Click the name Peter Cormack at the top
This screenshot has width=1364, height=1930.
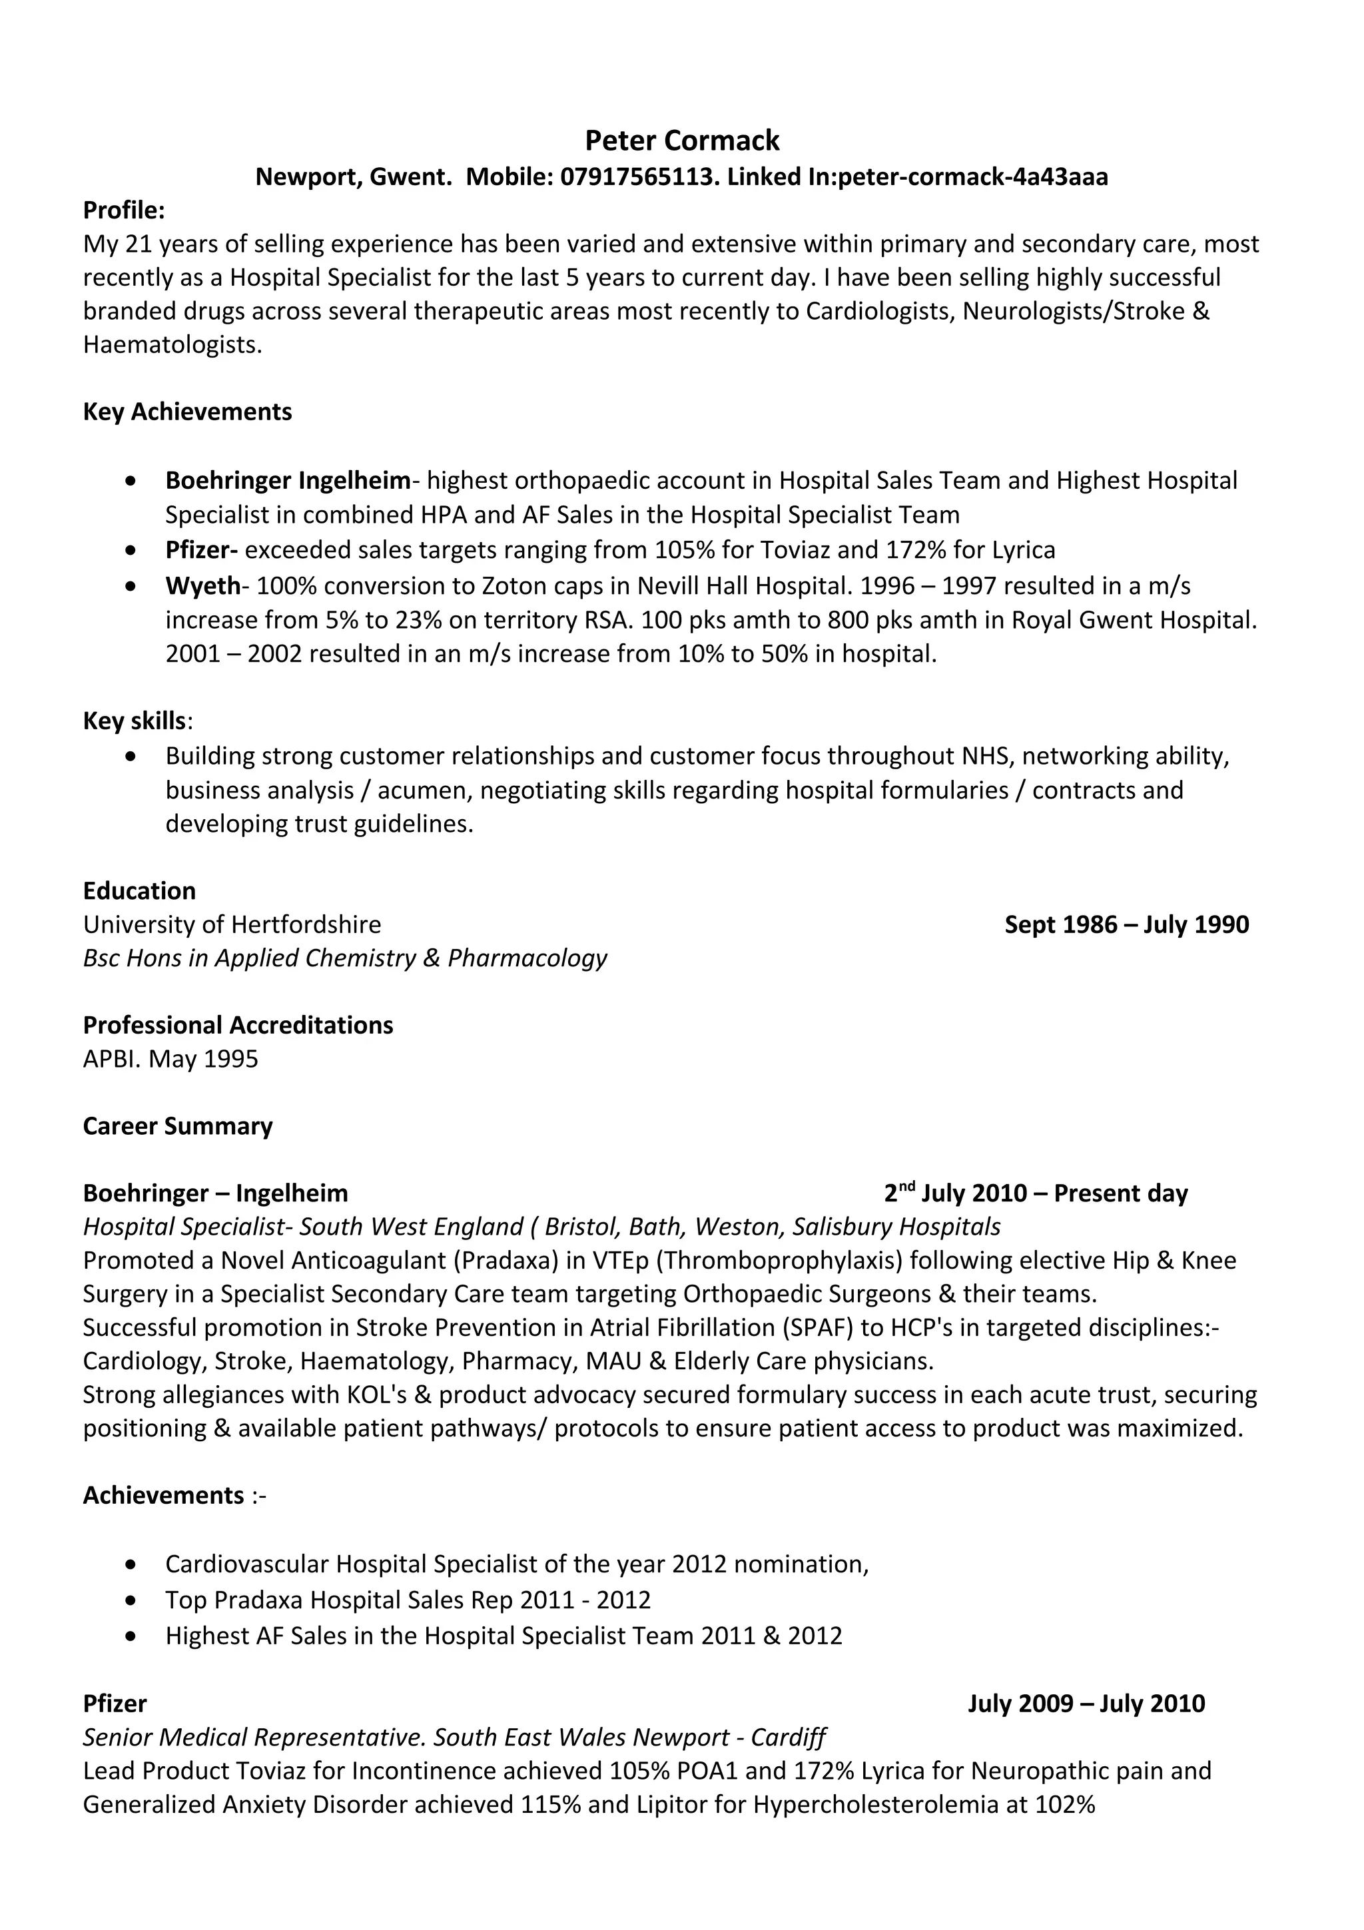681,141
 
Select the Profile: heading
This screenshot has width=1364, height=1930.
123,210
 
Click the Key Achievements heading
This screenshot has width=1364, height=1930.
187,412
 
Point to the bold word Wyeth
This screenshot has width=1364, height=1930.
202,586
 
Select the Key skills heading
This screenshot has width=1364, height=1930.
135,721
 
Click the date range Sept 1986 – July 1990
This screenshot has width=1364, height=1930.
1126,924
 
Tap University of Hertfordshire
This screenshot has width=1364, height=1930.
232,924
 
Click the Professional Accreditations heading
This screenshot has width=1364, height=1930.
238,1026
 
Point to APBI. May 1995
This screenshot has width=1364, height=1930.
170,1059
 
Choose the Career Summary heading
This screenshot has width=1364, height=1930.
177,1126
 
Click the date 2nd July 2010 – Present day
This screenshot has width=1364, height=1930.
1036,1193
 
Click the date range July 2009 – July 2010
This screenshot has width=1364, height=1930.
1086,1704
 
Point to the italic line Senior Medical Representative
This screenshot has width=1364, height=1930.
454,1738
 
